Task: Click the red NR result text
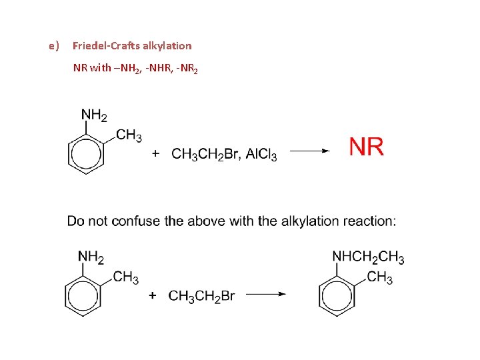pyautogui.click(x=366, y=147)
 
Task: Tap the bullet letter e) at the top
pyautogui.click(x=54, y=46)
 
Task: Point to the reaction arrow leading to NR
pyautogui.click(x=309, y=151)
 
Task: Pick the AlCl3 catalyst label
pyautogui.click(x=261, y=155)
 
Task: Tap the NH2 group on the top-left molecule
pyautogui.click(x=94, y=116)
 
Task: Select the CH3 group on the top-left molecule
pyautogui.click(x=129, y=136)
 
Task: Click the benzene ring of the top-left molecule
pyautogui.click(x=86, y=155)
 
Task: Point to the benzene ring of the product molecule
pyautogui.click(x=337, y=295)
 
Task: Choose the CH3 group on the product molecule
pyautogui.click(x=380, y=277)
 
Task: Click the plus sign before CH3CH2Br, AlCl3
pyautogui.click(x=156, y=154)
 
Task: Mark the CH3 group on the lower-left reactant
pyautogui.click(x=126, y=277)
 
